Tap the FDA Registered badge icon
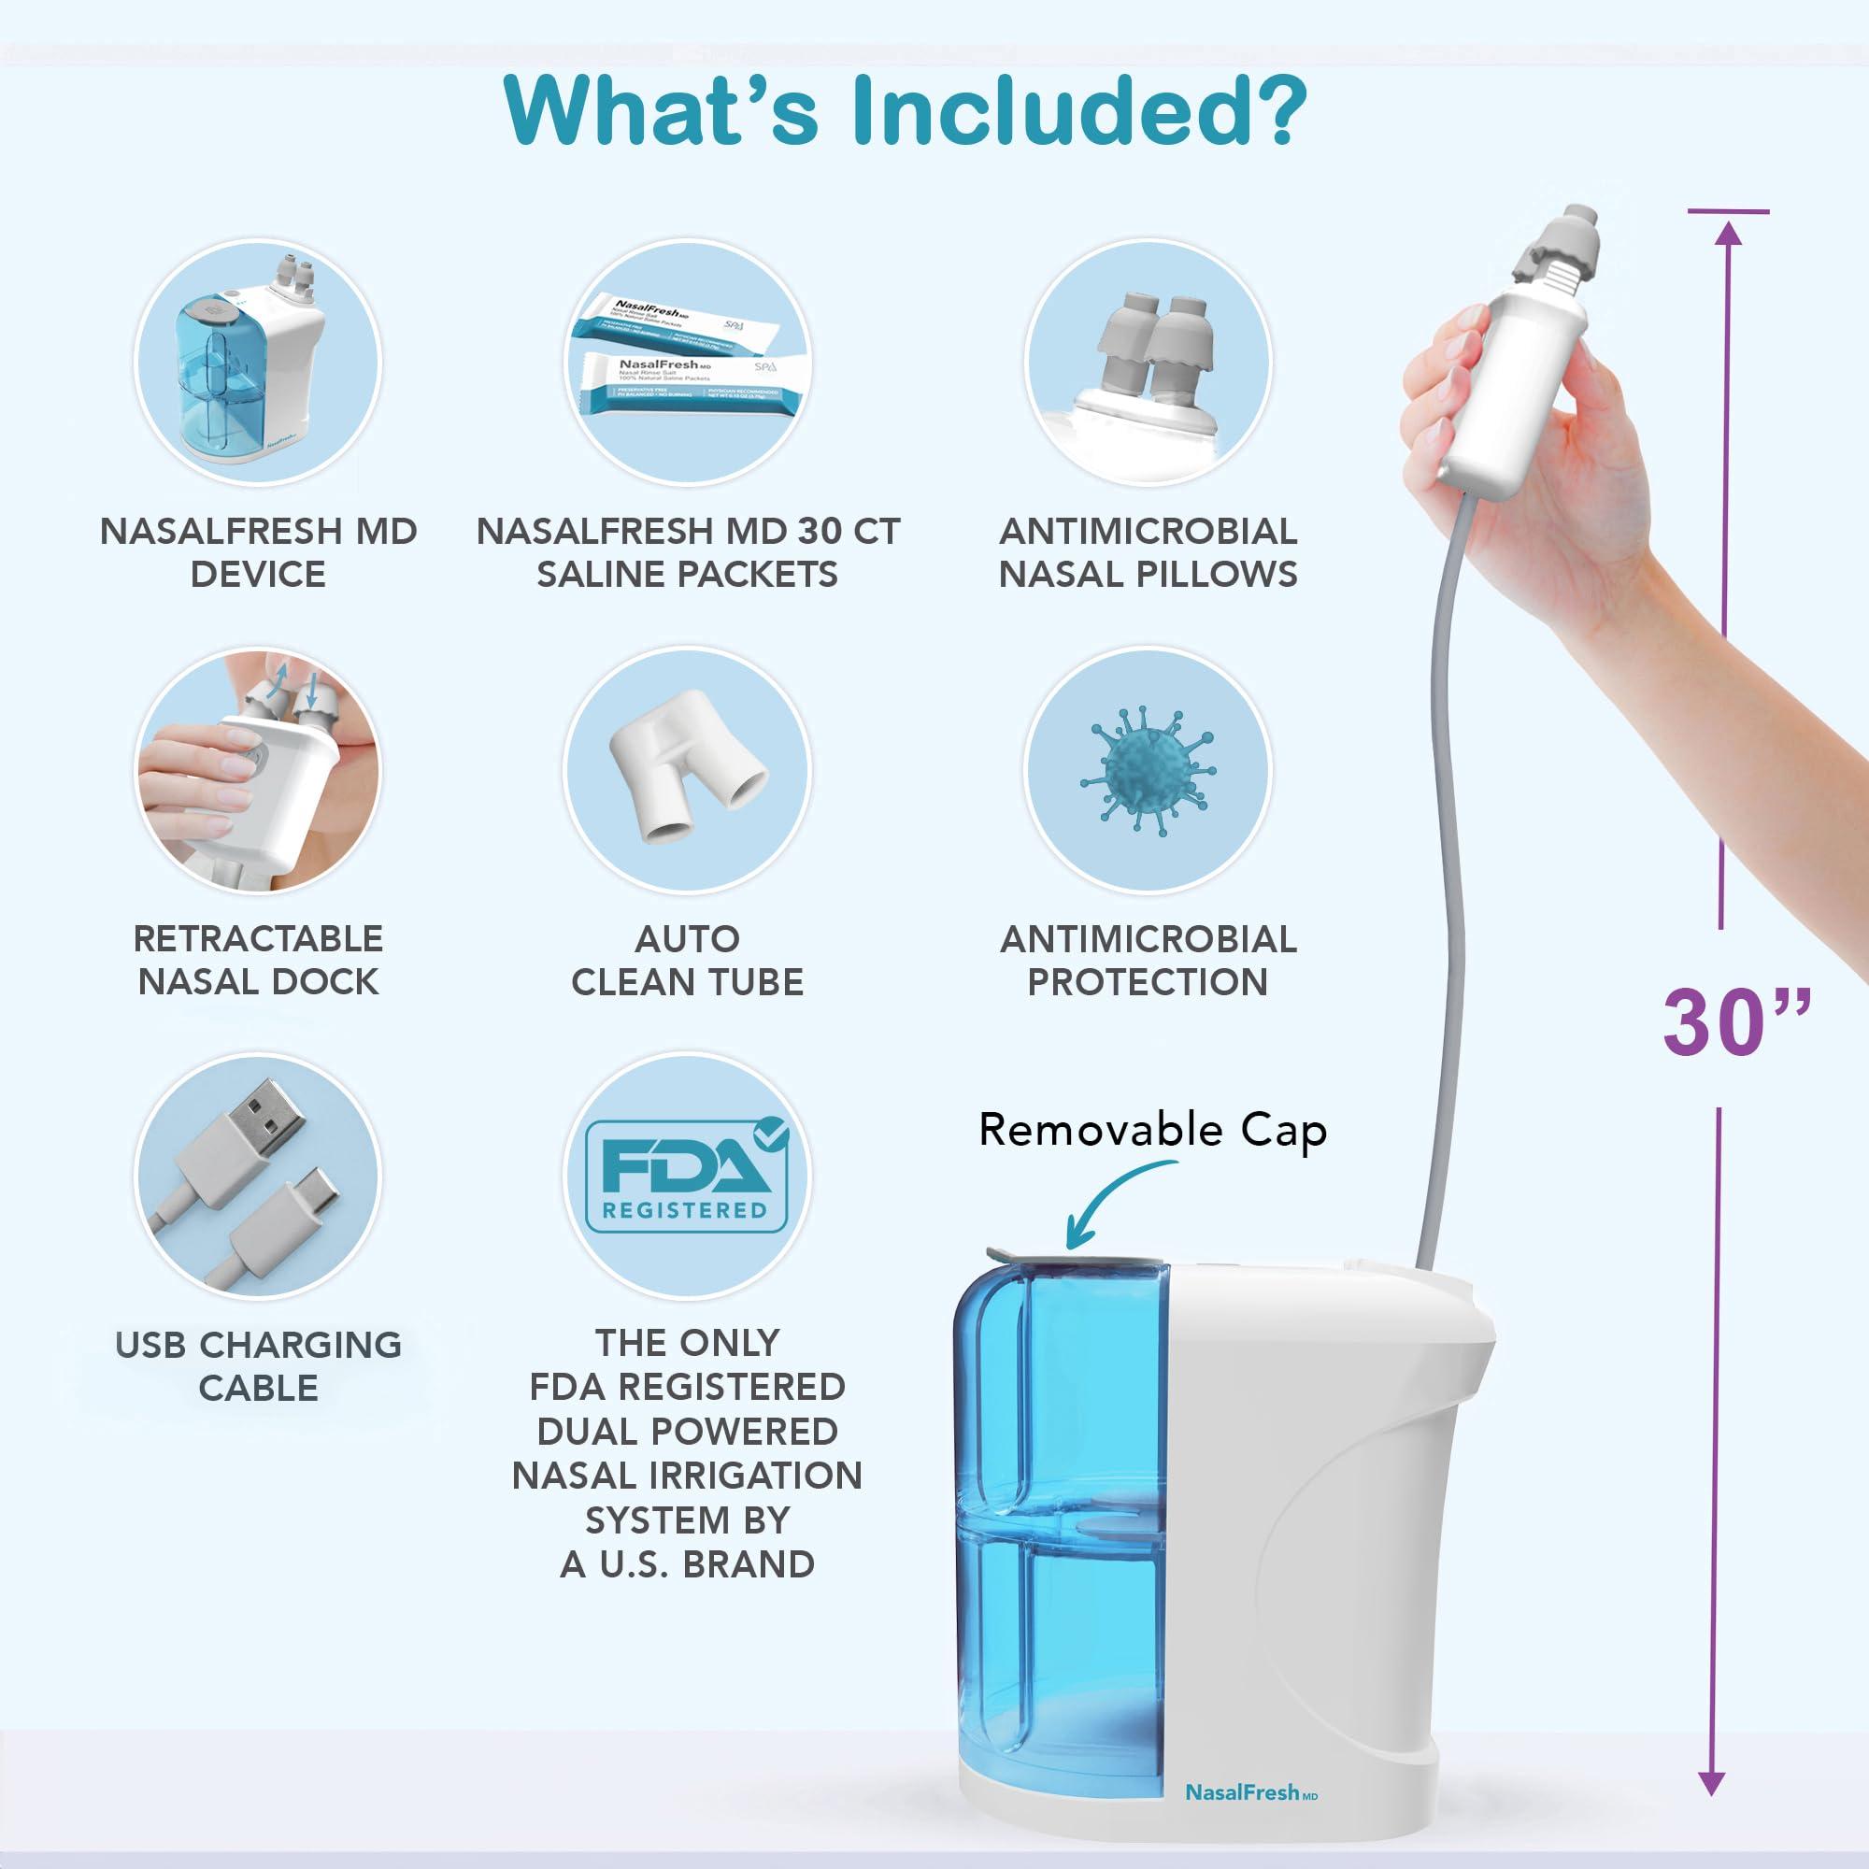tap(687, 1175)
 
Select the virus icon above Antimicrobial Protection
tap(1148, 770)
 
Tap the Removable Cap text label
tap(1151, 1130)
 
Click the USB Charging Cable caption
tap(258, 1366)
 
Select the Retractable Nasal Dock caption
tap(258, 960)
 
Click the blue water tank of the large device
tap(1064, 1529)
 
